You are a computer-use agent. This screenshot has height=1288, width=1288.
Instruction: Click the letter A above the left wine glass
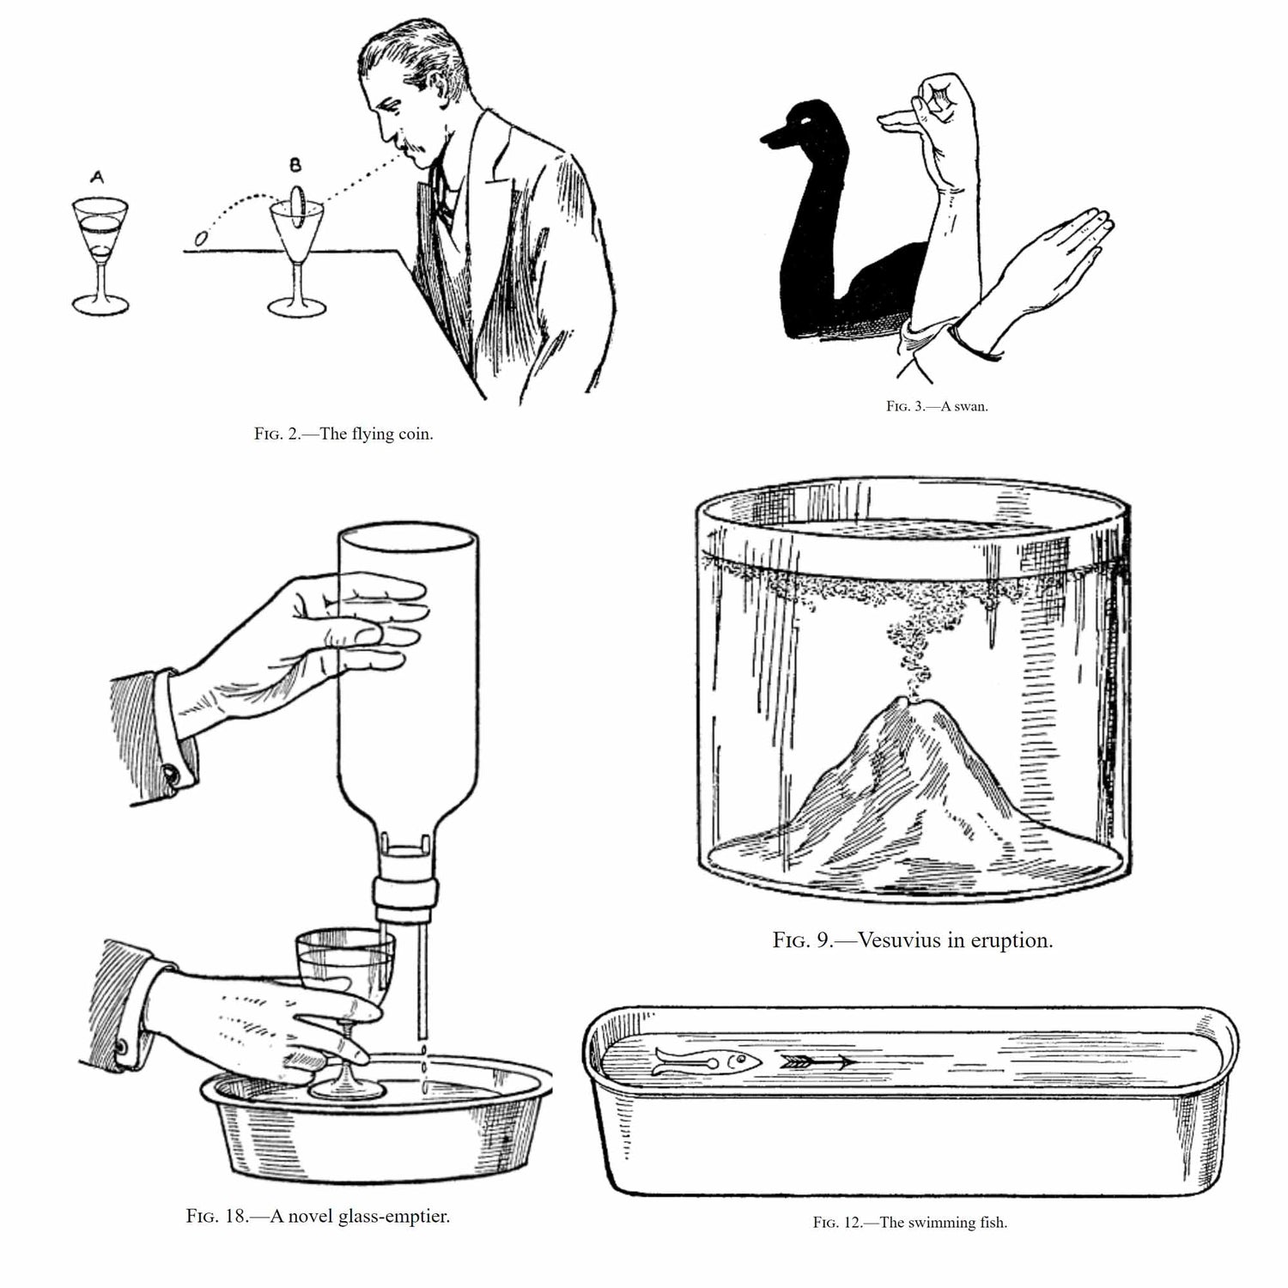[97, 177]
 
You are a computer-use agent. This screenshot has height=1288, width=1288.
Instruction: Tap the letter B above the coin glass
[295, 164]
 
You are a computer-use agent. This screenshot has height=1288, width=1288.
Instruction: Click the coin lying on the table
[201, 238]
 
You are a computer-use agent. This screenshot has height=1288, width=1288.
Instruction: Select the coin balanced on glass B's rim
[297, 208]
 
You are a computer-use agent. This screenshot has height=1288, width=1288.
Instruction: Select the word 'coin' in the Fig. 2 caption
[414, 434]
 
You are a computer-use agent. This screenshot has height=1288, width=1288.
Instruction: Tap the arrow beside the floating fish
[818, 1062]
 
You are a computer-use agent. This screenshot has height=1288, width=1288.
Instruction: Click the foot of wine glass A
[100, 303]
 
